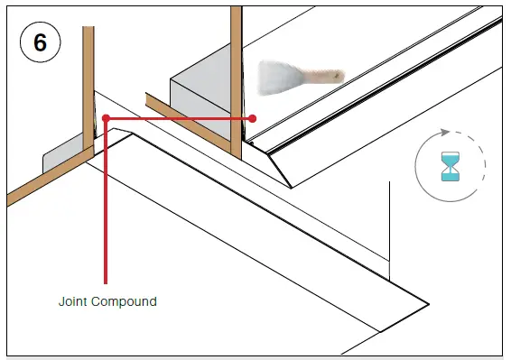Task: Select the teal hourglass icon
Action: pos(450,167)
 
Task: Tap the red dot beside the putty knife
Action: pos(254,118)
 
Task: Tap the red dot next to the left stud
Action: pos(107,117)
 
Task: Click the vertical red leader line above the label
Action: pos(107,208)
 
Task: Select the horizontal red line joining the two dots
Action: pos(181,117)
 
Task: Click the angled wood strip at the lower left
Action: pos(45,180)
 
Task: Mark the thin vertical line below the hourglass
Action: pos(389,226)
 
